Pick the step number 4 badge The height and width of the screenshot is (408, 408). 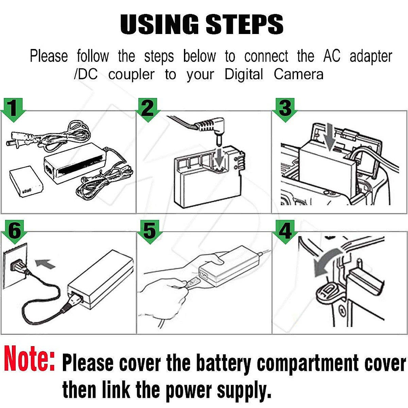[285, 231]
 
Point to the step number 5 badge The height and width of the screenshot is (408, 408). [150, 231]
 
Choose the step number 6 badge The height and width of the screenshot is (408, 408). [14, 231]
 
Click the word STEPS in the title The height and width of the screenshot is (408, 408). [244, 24]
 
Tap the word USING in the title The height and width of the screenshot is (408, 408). [159, 24]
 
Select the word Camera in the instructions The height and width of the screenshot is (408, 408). [299, 74]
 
